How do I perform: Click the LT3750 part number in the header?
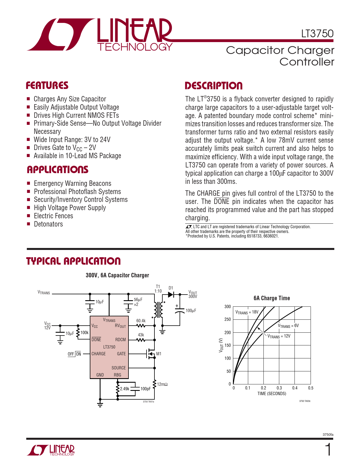pos(317,34)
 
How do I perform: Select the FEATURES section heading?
pos(47,86)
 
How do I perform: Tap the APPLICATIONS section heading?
pos(58,170)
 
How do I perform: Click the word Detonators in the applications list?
pos(48,224)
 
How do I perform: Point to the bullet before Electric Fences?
pos(28,216)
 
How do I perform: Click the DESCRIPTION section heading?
pos(213,86)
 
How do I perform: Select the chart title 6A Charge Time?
pos(272,298)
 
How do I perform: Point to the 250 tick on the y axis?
pos(228,319)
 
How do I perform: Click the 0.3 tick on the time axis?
pos(279,388)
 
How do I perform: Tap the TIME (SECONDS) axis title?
pos(272,394)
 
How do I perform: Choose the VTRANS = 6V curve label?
pos(288,326)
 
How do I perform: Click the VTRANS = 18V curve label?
pos(247,312)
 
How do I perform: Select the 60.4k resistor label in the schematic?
pos(141,321)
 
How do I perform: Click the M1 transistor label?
pos(159,354)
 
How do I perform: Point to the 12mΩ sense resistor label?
pos(162,384)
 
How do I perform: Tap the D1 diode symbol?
pos(171,294)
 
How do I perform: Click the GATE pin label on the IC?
pos(121,354)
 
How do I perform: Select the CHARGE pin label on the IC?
pos(99,354)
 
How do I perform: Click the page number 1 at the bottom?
pos(328,450)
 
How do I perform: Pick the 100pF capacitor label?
pos(145,389)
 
